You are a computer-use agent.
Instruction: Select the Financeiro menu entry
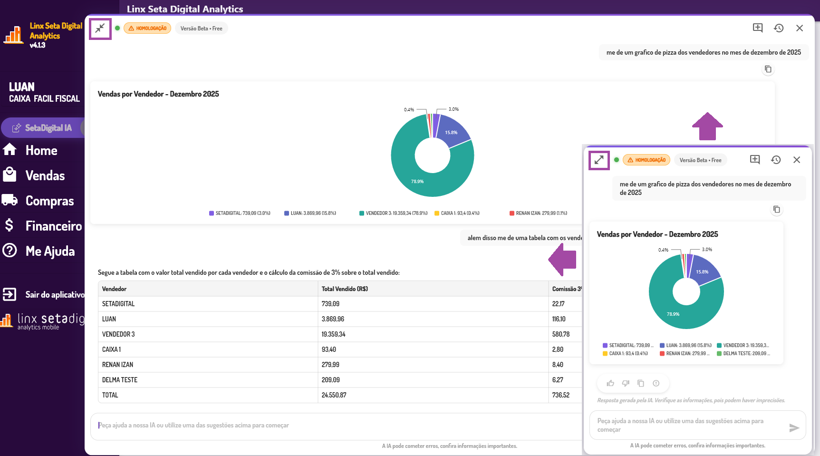click(x=53, y=226)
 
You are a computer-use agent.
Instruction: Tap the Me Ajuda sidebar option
click(x=49, y=252)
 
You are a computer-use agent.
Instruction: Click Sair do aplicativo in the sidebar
click(x=54, y=295)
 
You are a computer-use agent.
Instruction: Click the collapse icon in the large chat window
click(x=100, y=29)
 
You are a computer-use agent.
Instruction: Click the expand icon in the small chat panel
click(x=599, y=160)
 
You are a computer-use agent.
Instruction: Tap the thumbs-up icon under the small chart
click(x=610, y=383)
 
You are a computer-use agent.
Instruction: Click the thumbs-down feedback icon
click(x=626, y=383)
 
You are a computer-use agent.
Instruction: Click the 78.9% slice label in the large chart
click(x=417, y=182)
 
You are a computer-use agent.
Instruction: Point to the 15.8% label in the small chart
click(x=702, y=272)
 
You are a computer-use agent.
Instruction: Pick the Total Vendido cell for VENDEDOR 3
click(x=334, y=334)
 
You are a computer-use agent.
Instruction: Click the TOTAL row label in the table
click(x=110, y=395)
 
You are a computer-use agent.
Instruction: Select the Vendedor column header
click(x=114, y=289)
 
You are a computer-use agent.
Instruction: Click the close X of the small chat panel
click(x=797, y=160)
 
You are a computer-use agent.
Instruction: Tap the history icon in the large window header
click(x=779, y=28)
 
